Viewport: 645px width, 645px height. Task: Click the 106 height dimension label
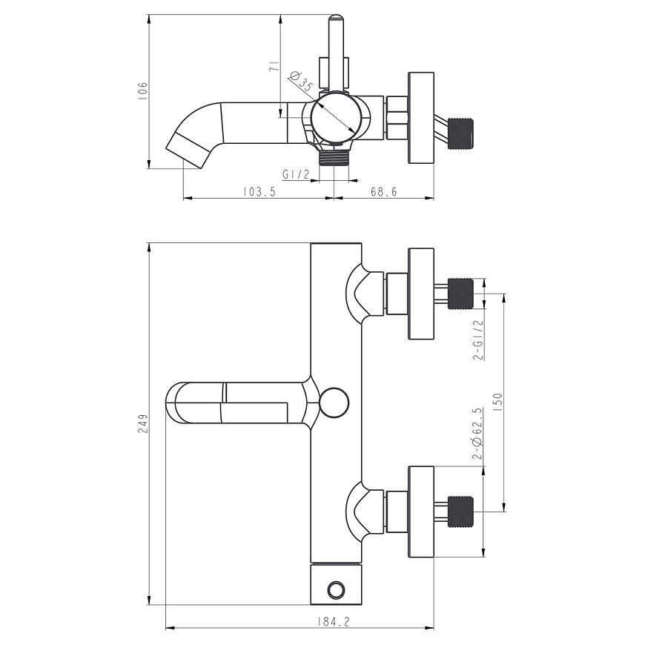click(x=142, y=90)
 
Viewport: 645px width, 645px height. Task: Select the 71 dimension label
click(x=274, y=66)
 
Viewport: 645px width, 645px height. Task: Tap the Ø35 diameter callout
click(x=301, y=81)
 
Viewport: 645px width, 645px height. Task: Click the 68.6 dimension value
click(x=384, y=192)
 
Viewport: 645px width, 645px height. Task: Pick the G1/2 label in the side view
click(x=296, y=174)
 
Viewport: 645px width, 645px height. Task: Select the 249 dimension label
click(x=143, y=423)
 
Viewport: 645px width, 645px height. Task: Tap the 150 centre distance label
click(x=497, y=403)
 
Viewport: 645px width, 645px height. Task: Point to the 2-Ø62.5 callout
click(x=477, y=434)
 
